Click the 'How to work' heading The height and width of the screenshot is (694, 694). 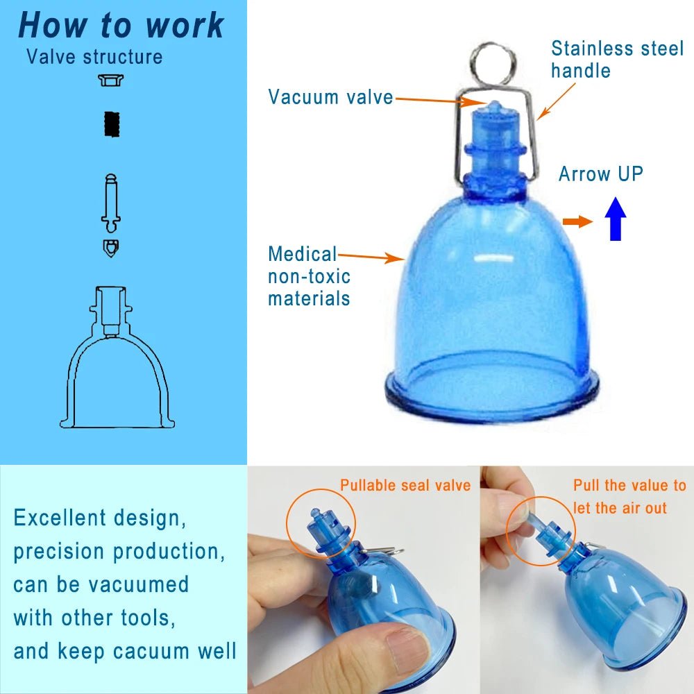(x=121, y=25)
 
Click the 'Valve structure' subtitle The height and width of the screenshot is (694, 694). (x=94, y=57)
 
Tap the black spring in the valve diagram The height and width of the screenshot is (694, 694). (x=112, y=124)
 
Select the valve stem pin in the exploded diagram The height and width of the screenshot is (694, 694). (x=110, y=203)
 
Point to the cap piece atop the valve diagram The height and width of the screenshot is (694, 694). (x=110, y=80)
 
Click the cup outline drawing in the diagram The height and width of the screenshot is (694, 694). (x=117, y=357)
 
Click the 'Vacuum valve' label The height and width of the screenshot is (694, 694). (x=330, y=97)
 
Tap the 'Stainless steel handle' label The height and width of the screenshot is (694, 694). (x=618, y=59)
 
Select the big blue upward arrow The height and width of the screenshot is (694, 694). (x=615, y=219)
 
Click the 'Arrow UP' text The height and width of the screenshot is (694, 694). (x=600, y=173)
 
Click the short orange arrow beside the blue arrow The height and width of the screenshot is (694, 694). (x=577, y=221)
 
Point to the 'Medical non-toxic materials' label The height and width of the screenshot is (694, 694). (x=309, y=276)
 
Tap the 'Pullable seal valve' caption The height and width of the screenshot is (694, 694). (x=405, y=485)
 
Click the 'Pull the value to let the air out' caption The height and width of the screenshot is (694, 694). (x=629, y=496)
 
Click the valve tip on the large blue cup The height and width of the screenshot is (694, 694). (x=494, y=106)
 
